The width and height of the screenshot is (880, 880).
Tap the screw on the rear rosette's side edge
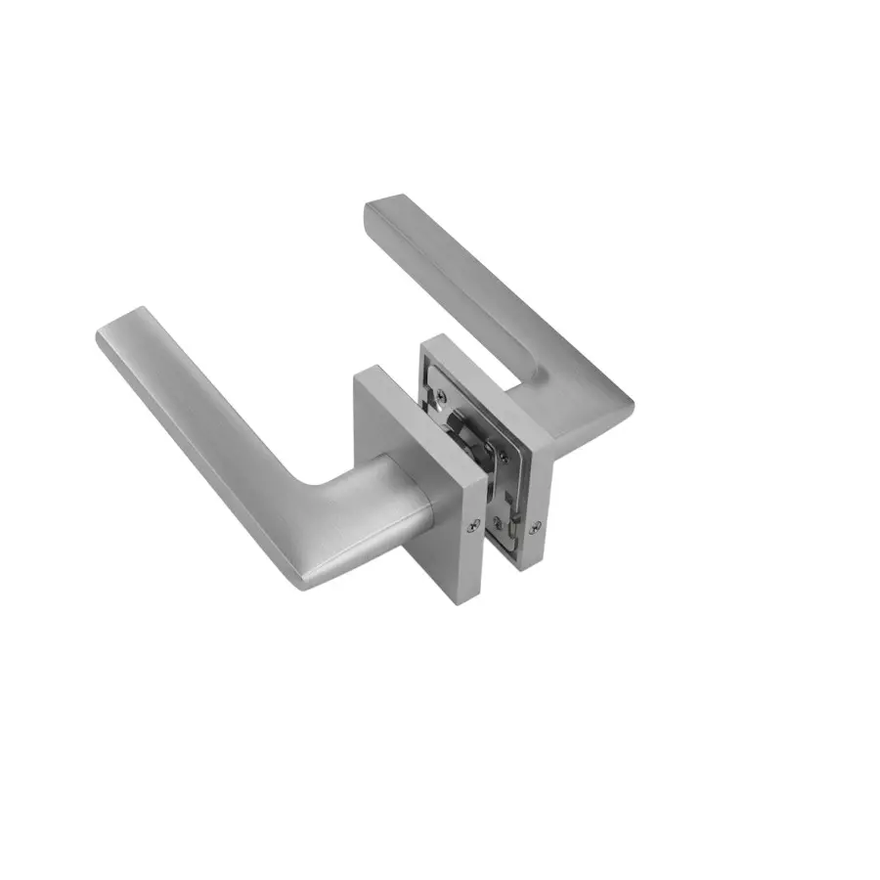click(x=534, y=529)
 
